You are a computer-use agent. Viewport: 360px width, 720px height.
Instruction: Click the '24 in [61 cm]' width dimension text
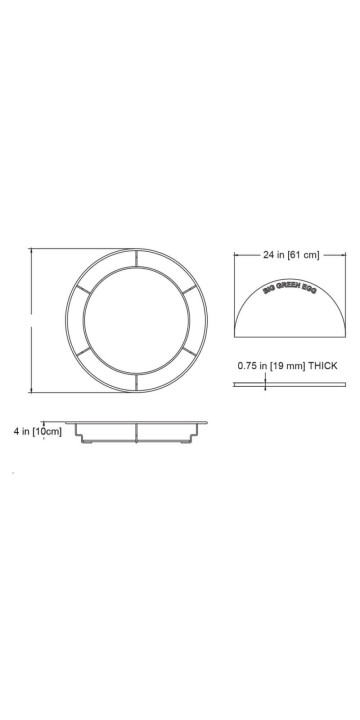point(291,255)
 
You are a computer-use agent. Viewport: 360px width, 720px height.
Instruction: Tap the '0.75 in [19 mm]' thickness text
point(271,366)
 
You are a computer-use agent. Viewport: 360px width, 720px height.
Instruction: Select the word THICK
point(323,366)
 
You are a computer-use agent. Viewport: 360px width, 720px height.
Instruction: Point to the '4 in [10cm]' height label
point(37,432)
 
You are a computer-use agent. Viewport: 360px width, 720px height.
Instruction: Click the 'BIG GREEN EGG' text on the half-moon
point(289,287)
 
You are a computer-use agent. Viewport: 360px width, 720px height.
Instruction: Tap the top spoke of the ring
point(136,258)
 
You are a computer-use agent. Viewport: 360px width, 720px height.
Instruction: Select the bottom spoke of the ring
point(136,382)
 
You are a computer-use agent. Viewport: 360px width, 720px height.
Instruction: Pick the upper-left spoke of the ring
point(83,289)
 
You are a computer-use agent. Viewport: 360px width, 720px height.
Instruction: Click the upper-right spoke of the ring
point(190,289)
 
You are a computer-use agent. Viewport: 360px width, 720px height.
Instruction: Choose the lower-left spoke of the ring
point(83,351)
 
